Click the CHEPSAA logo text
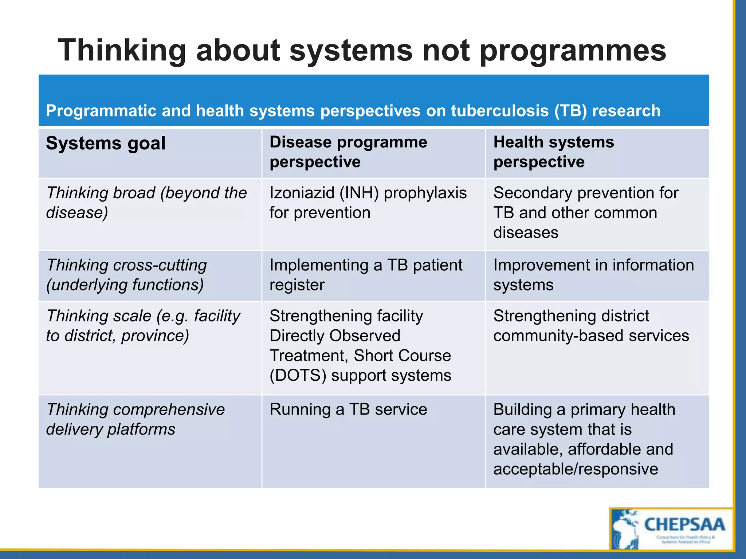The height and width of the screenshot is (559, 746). [x=684, y=525]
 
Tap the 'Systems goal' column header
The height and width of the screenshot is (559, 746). [x=106, y=143]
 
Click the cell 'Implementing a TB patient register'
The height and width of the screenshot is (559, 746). [x=366, y=275]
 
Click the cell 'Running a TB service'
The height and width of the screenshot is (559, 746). [x=348, y=409]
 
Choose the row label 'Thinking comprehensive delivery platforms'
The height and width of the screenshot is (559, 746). [x=135, y=419]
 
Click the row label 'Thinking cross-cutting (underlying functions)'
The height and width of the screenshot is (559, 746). [x=126, y=275]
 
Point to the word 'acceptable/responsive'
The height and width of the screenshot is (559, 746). [x=576, y=469]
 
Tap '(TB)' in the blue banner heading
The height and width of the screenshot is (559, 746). [x=570, y=111]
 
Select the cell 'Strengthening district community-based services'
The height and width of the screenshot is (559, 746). [x=591, y=326]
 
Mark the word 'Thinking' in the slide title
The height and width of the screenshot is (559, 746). [x=122, y=51]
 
